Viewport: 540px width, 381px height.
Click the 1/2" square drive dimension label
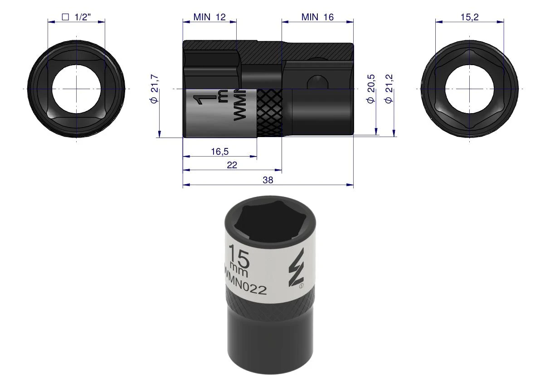click(76, 17)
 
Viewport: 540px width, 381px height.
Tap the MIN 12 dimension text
click(209, 17)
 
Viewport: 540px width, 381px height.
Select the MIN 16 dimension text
click(317, 17)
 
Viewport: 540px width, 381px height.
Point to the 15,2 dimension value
click(470, 17)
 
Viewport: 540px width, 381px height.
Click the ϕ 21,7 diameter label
click(155, 88)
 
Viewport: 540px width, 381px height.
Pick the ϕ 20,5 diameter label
click(371, 89)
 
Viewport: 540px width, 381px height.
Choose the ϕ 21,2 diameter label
click(389, 89)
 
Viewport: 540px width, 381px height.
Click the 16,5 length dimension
click(220, 151)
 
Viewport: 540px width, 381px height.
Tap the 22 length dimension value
click(232, 165)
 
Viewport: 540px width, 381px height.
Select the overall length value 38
click(268, 180)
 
